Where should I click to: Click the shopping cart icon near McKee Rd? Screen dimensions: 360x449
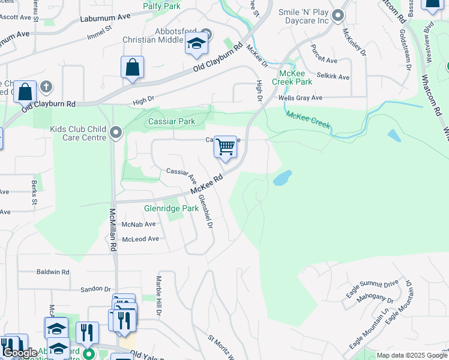(225, 147)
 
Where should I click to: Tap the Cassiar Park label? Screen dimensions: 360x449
(172, 122)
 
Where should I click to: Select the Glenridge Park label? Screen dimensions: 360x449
(171, 209)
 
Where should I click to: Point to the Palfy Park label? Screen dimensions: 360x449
(161, 6)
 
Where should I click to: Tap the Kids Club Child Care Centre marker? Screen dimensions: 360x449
(116, 131)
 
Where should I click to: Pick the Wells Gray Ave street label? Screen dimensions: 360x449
(300, 98)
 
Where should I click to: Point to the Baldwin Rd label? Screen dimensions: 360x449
(53, 272)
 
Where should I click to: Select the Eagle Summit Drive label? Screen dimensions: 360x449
(372, 289)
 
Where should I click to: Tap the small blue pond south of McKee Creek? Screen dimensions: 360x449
(282, 178)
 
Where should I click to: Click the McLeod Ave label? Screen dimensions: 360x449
(140, 239)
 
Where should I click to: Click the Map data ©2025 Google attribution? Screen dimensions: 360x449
(411, 355)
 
